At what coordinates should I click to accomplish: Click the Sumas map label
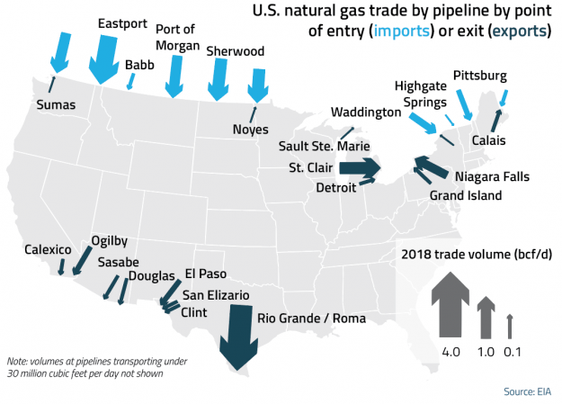55,105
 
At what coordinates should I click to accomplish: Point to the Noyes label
250,128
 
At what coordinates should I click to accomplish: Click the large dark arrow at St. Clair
360,166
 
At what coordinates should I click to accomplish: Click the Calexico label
48,249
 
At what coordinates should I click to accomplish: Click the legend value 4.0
450,352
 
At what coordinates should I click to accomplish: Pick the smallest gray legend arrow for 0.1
509,326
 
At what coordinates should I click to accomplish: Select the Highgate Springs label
420,94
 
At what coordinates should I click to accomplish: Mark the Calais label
488,141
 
